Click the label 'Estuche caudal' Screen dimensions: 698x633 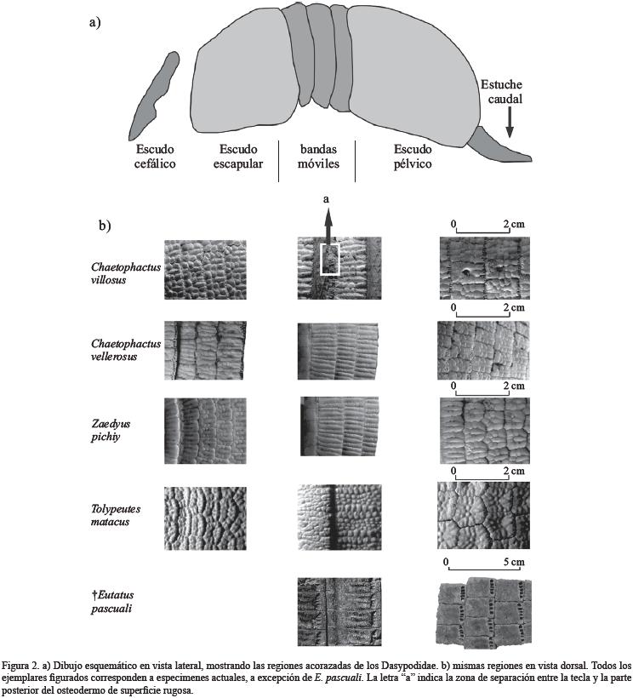point(502,91)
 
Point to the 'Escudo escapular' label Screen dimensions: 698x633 point(238,156)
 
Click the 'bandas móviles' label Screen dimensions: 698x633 point(319,156)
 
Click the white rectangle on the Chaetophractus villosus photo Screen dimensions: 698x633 point(329,259)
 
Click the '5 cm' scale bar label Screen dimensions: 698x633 point(512,563)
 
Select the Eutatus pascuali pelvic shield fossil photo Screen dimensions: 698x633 point(483,611)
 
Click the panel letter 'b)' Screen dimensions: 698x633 point(105,226)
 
